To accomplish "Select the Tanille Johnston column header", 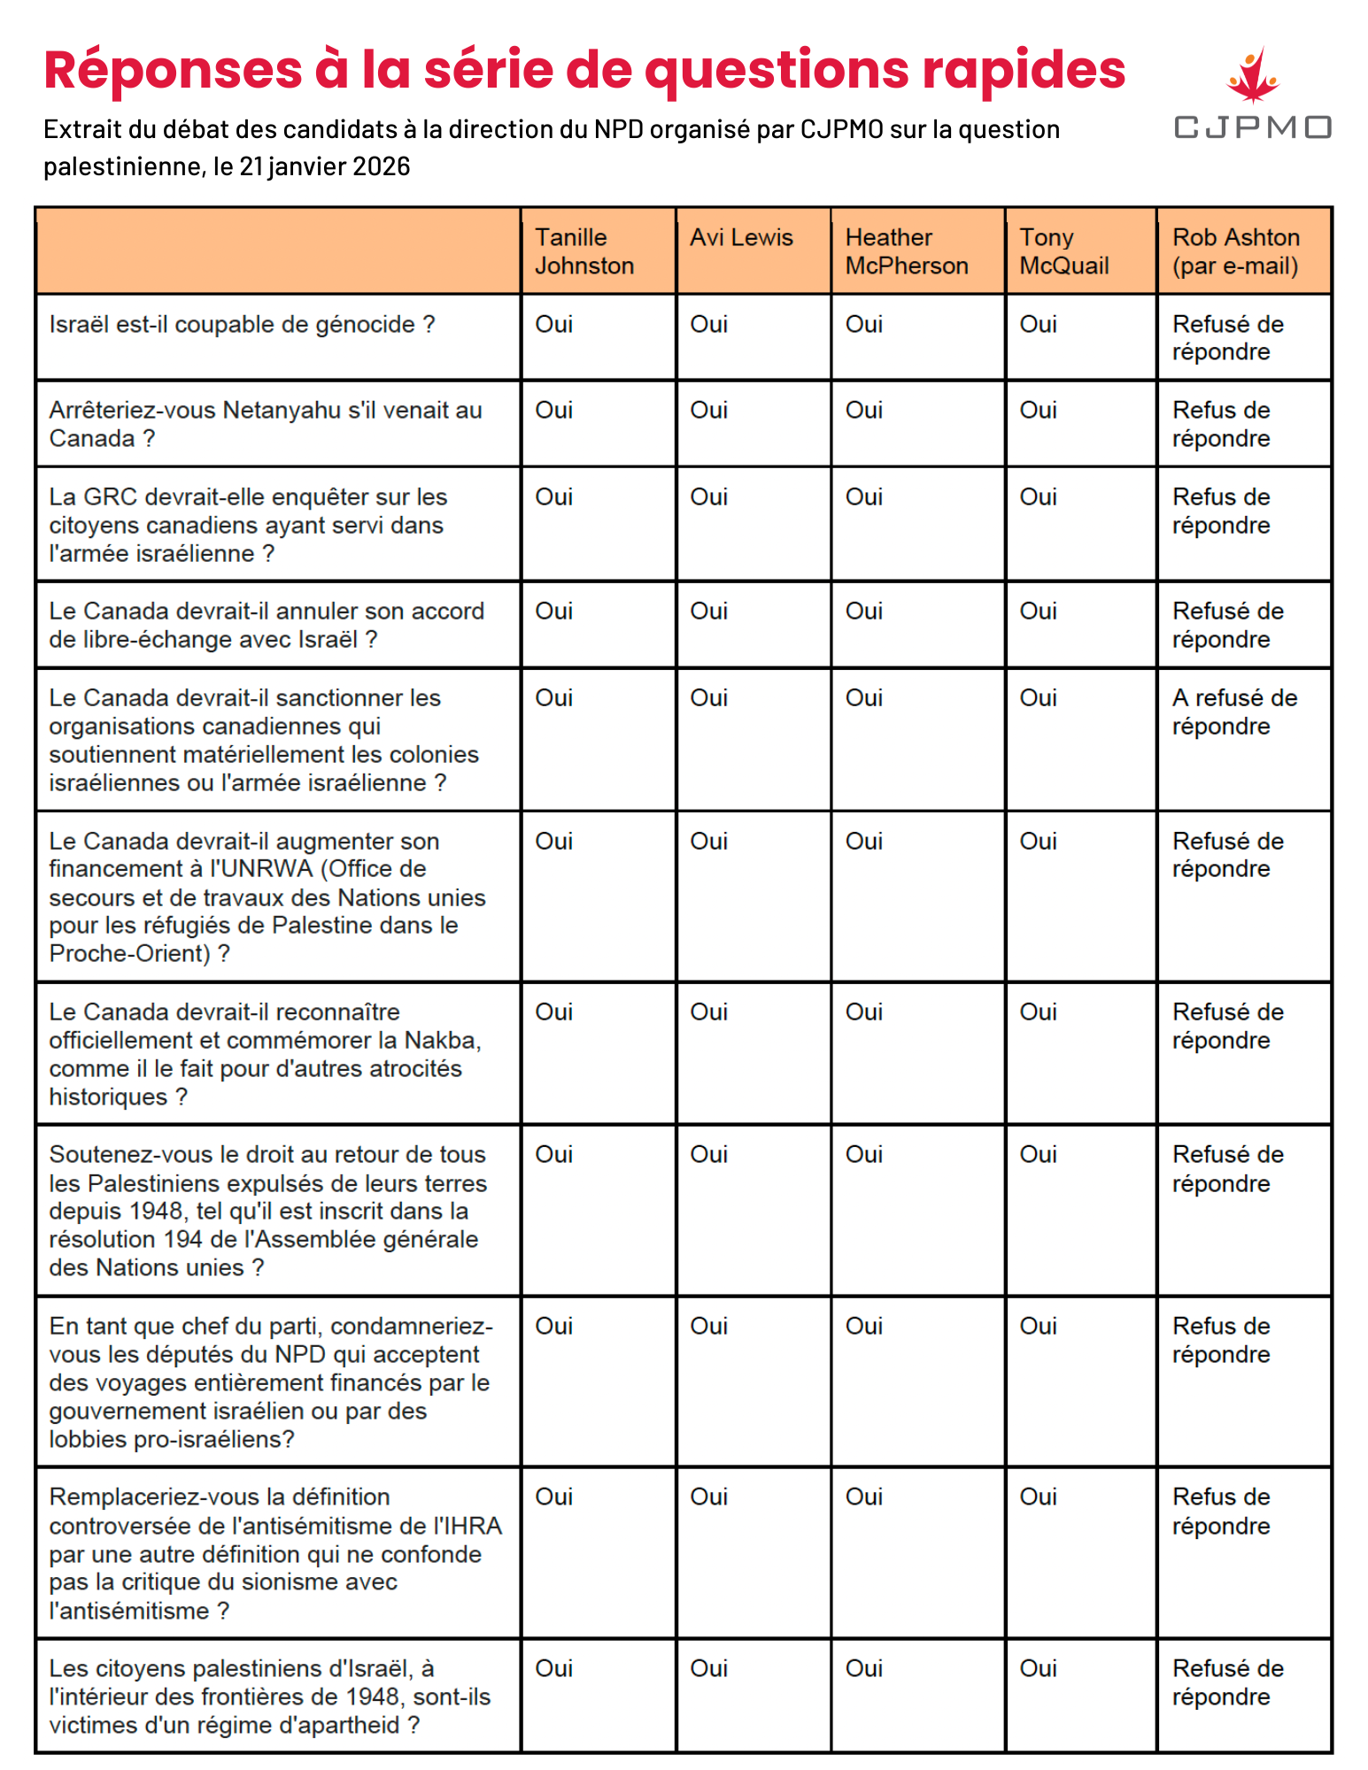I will pos(584,251).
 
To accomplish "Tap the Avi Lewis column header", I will pos(741,237).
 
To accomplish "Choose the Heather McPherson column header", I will pos(906,251).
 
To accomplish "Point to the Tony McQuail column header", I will pos(1063,251).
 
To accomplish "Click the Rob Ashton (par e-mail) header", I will pos(1235,251).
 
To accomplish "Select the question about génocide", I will pos(242,325).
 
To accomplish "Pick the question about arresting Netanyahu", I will pos(265,424).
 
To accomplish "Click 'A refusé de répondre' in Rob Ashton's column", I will pos(1233,712).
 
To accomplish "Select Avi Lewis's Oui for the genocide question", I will pos(708,325).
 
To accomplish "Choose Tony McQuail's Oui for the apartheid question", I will pos(1038,1668).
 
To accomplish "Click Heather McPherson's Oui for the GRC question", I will pos(863,497).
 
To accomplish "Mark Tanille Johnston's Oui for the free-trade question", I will pos(553,612).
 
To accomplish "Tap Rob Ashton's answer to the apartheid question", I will pos(1227,1682).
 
